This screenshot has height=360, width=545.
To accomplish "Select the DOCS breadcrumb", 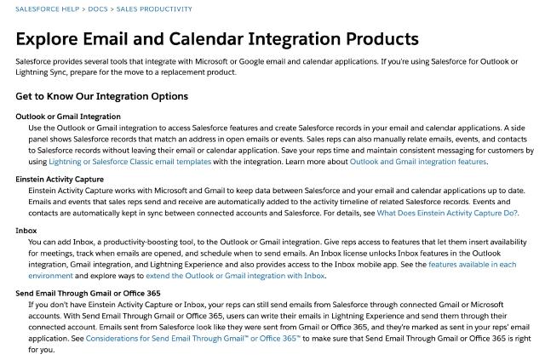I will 97,9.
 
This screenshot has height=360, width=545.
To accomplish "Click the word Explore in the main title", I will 54,39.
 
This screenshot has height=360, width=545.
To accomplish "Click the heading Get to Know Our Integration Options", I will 101,96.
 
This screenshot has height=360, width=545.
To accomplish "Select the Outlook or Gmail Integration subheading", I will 68,116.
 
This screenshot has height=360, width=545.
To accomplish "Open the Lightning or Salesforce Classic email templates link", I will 130,162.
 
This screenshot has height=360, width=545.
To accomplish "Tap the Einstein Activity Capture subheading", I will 60,180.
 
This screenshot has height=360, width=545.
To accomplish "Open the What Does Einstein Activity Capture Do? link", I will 447,213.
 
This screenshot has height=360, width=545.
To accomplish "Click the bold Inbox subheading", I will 26,231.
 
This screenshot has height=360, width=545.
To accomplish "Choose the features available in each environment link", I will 472,265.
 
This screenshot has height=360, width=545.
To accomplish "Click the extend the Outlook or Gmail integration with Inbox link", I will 236,276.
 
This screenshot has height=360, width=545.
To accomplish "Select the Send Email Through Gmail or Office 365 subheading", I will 88,293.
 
